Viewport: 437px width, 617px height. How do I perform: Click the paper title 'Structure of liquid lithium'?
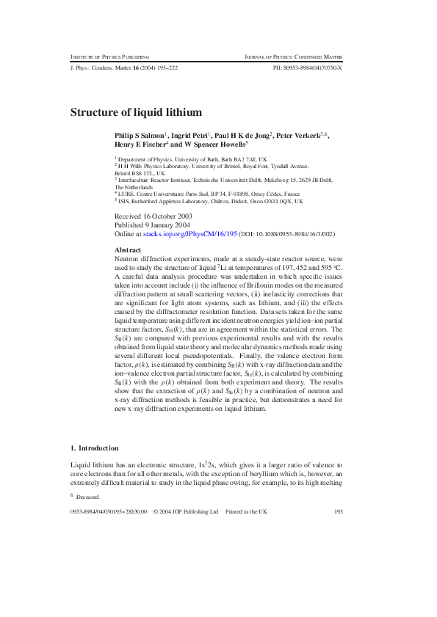136,113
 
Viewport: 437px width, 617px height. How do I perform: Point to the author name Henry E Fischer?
140,145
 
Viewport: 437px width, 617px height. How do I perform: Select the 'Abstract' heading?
129,250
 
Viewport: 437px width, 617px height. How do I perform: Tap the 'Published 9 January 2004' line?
151,226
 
